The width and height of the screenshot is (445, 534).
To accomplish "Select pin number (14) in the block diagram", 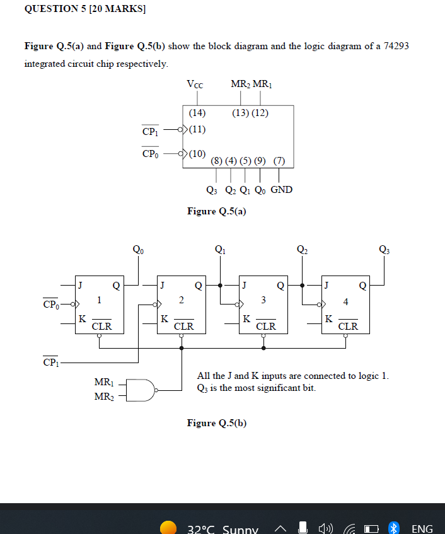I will click(x=197, y=113).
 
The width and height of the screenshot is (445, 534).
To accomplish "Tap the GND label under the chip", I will click(x=281, y=190).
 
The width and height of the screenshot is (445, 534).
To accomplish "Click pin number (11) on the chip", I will click(x=197, y=131).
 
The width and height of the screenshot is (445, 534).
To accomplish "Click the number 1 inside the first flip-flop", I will click(x=98, y=301).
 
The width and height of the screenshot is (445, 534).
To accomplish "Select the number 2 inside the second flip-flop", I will click(x=182, y=299).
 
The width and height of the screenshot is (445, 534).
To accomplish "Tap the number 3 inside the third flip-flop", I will click(x=263, y=299).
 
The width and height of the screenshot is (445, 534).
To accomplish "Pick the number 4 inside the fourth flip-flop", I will click(x=345, y=301).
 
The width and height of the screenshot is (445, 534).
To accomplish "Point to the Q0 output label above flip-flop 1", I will click(x=138, y=250).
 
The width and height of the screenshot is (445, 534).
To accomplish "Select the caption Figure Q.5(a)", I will click(x=217, y=211).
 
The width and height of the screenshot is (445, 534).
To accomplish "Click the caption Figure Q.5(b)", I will click(x=217, y=423).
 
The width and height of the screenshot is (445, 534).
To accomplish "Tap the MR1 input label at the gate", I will click(x=103, y=383).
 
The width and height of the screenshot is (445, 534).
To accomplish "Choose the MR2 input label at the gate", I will click(x=103, y=397).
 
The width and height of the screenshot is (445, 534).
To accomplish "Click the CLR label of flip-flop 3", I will click(x=266, y=327).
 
